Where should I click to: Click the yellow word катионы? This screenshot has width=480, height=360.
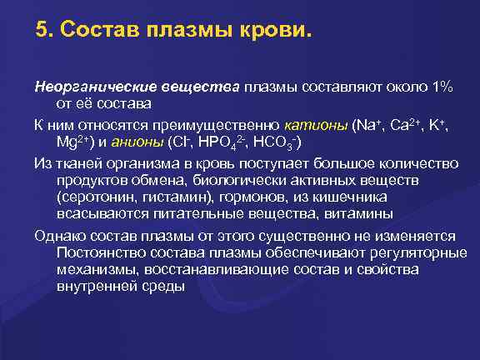coord(316,125)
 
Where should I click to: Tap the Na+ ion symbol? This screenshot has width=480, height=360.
coord(367,125)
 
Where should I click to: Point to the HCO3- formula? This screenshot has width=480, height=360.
coord(276,142)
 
